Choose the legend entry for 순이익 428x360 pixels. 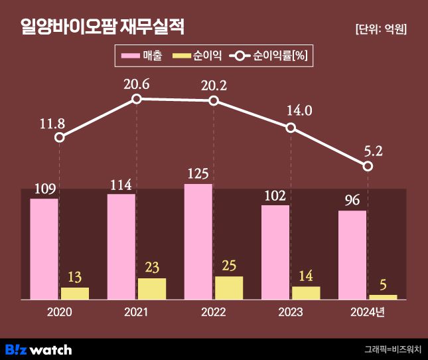197,56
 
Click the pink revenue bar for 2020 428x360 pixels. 44,249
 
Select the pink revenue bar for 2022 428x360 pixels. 198,242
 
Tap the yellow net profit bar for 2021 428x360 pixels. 152,289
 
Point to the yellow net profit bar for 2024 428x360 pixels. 383,297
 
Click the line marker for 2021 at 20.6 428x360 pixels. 137,99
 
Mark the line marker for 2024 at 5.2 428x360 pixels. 368,166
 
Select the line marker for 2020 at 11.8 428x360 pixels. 60,137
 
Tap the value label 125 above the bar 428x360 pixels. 198,174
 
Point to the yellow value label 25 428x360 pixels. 229,266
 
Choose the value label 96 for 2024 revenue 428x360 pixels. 352,200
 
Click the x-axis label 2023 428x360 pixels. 291,312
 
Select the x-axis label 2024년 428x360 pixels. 367,312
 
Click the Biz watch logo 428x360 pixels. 38,349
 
